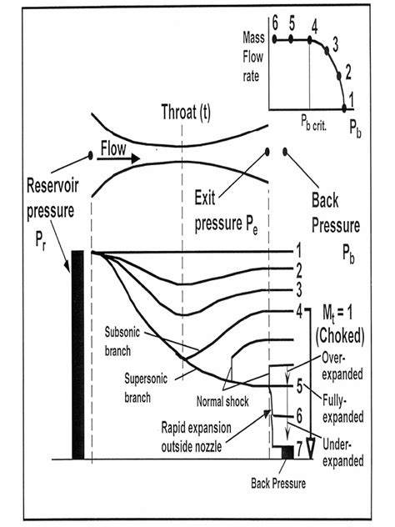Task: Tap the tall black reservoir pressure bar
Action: (x=77, y=354)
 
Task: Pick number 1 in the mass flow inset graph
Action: (x=352, y=98)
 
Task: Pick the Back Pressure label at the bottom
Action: (x=277, y=482)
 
